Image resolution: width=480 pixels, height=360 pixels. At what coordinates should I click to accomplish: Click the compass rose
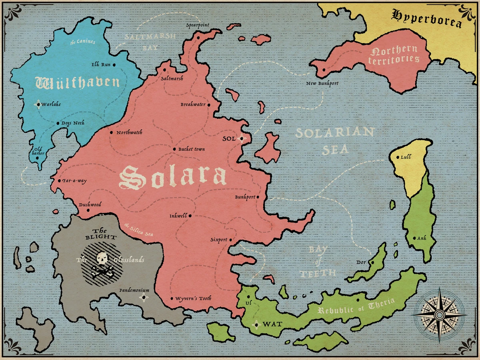tap(439, 315)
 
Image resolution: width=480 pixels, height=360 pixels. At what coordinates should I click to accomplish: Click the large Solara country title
tap(173, 177)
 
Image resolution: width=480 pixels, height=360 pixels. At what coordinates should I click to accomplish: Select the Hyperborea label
tap(426, 18)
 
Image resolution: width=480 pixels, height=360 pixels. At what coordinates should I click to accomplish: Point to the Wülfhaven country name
tap(78, 82)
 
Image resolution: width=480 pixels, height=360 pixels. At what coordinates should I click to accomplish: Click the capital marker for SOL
tap(241, 139)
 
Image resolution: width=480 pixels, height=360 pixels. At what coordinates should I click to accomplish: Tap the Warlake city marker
tap(38, 104)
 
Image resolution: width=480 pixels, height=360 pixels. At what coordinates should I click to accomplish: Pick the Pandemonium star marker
tap(144, 298)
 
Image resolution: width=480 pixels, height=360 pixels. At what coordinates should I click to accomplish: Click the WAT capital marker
tap(256, 324)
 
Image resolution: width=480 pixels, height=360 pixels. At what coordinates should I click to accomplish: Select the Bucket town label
tap(191, 149)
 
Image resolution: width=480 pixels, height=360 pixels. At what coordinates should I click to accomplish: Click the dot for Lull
tap(397, 157)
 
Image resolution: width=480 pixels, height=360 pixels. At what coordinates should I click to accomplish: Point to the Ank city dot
tap(414, 238)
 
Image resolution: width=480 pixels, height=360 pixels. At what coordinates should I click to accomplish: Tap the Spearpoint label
tap(198, 25)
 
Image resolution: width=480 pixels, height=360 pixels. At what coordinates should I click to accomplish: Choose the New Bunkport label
tap(322, 84)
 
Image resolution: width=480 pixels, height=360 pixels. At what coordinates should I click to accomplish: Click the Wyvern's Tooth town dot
tap(172, 298)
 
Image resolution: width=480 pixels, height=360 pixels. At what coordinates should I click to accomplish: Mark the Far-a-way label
tap(74, 181)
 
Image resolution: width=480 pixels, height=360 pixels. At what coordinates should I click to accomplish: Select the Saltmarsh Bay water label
tap(150, 41)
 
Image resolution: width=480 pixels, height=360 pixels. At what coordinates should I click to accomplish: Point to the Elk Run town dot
tap(114, 64)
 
